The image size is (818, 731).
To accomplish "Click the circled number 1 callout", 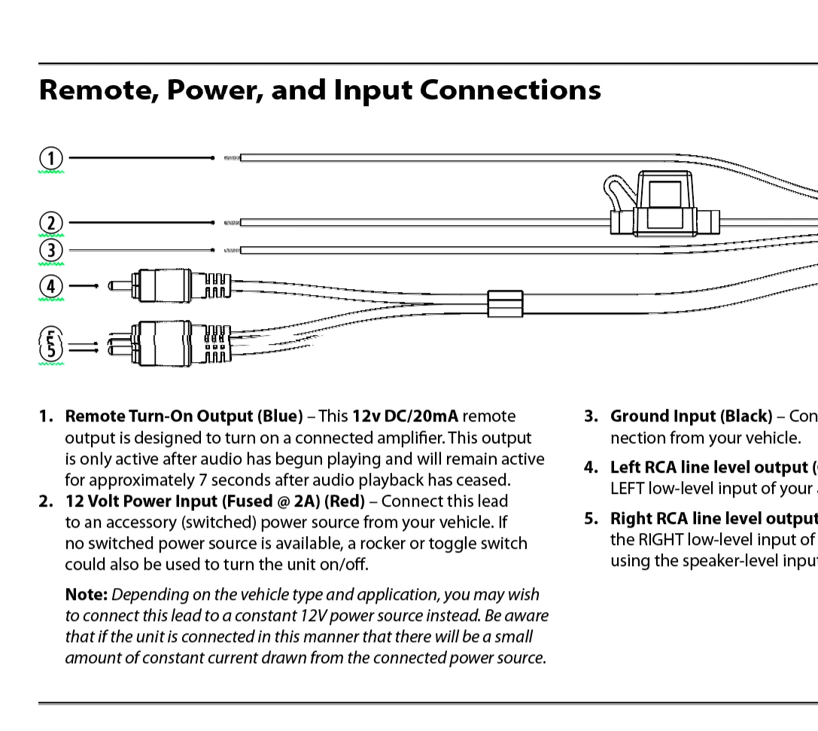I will pyautogui.click(x=50, y=158).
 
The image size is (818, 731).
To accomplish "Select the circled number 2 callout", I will pyautogui.click(x=50, y=223).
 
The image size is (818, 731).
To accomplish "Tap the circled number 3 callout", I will pyautogui.click(x=50, y=250).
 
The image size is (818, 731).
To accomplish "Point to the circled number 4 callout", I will pyautogui.click(x=50, y=286).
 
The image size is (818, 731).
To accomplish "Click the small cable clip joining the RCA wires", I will pyautogui.click(x=505, y=303).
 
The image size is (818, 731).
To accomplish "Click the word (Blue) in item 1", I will pyautogui.click(x=280, y=416).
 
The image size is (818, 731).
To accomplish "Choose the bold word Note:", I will pyautogui.click(x=87, y=595).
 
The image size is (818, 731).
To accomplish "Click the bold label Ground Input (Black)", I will pyautogui.click(x=691, y=416).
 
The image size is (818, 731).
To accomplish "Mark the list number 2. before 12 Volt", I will pyautogui.click(x=47, y=501).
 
